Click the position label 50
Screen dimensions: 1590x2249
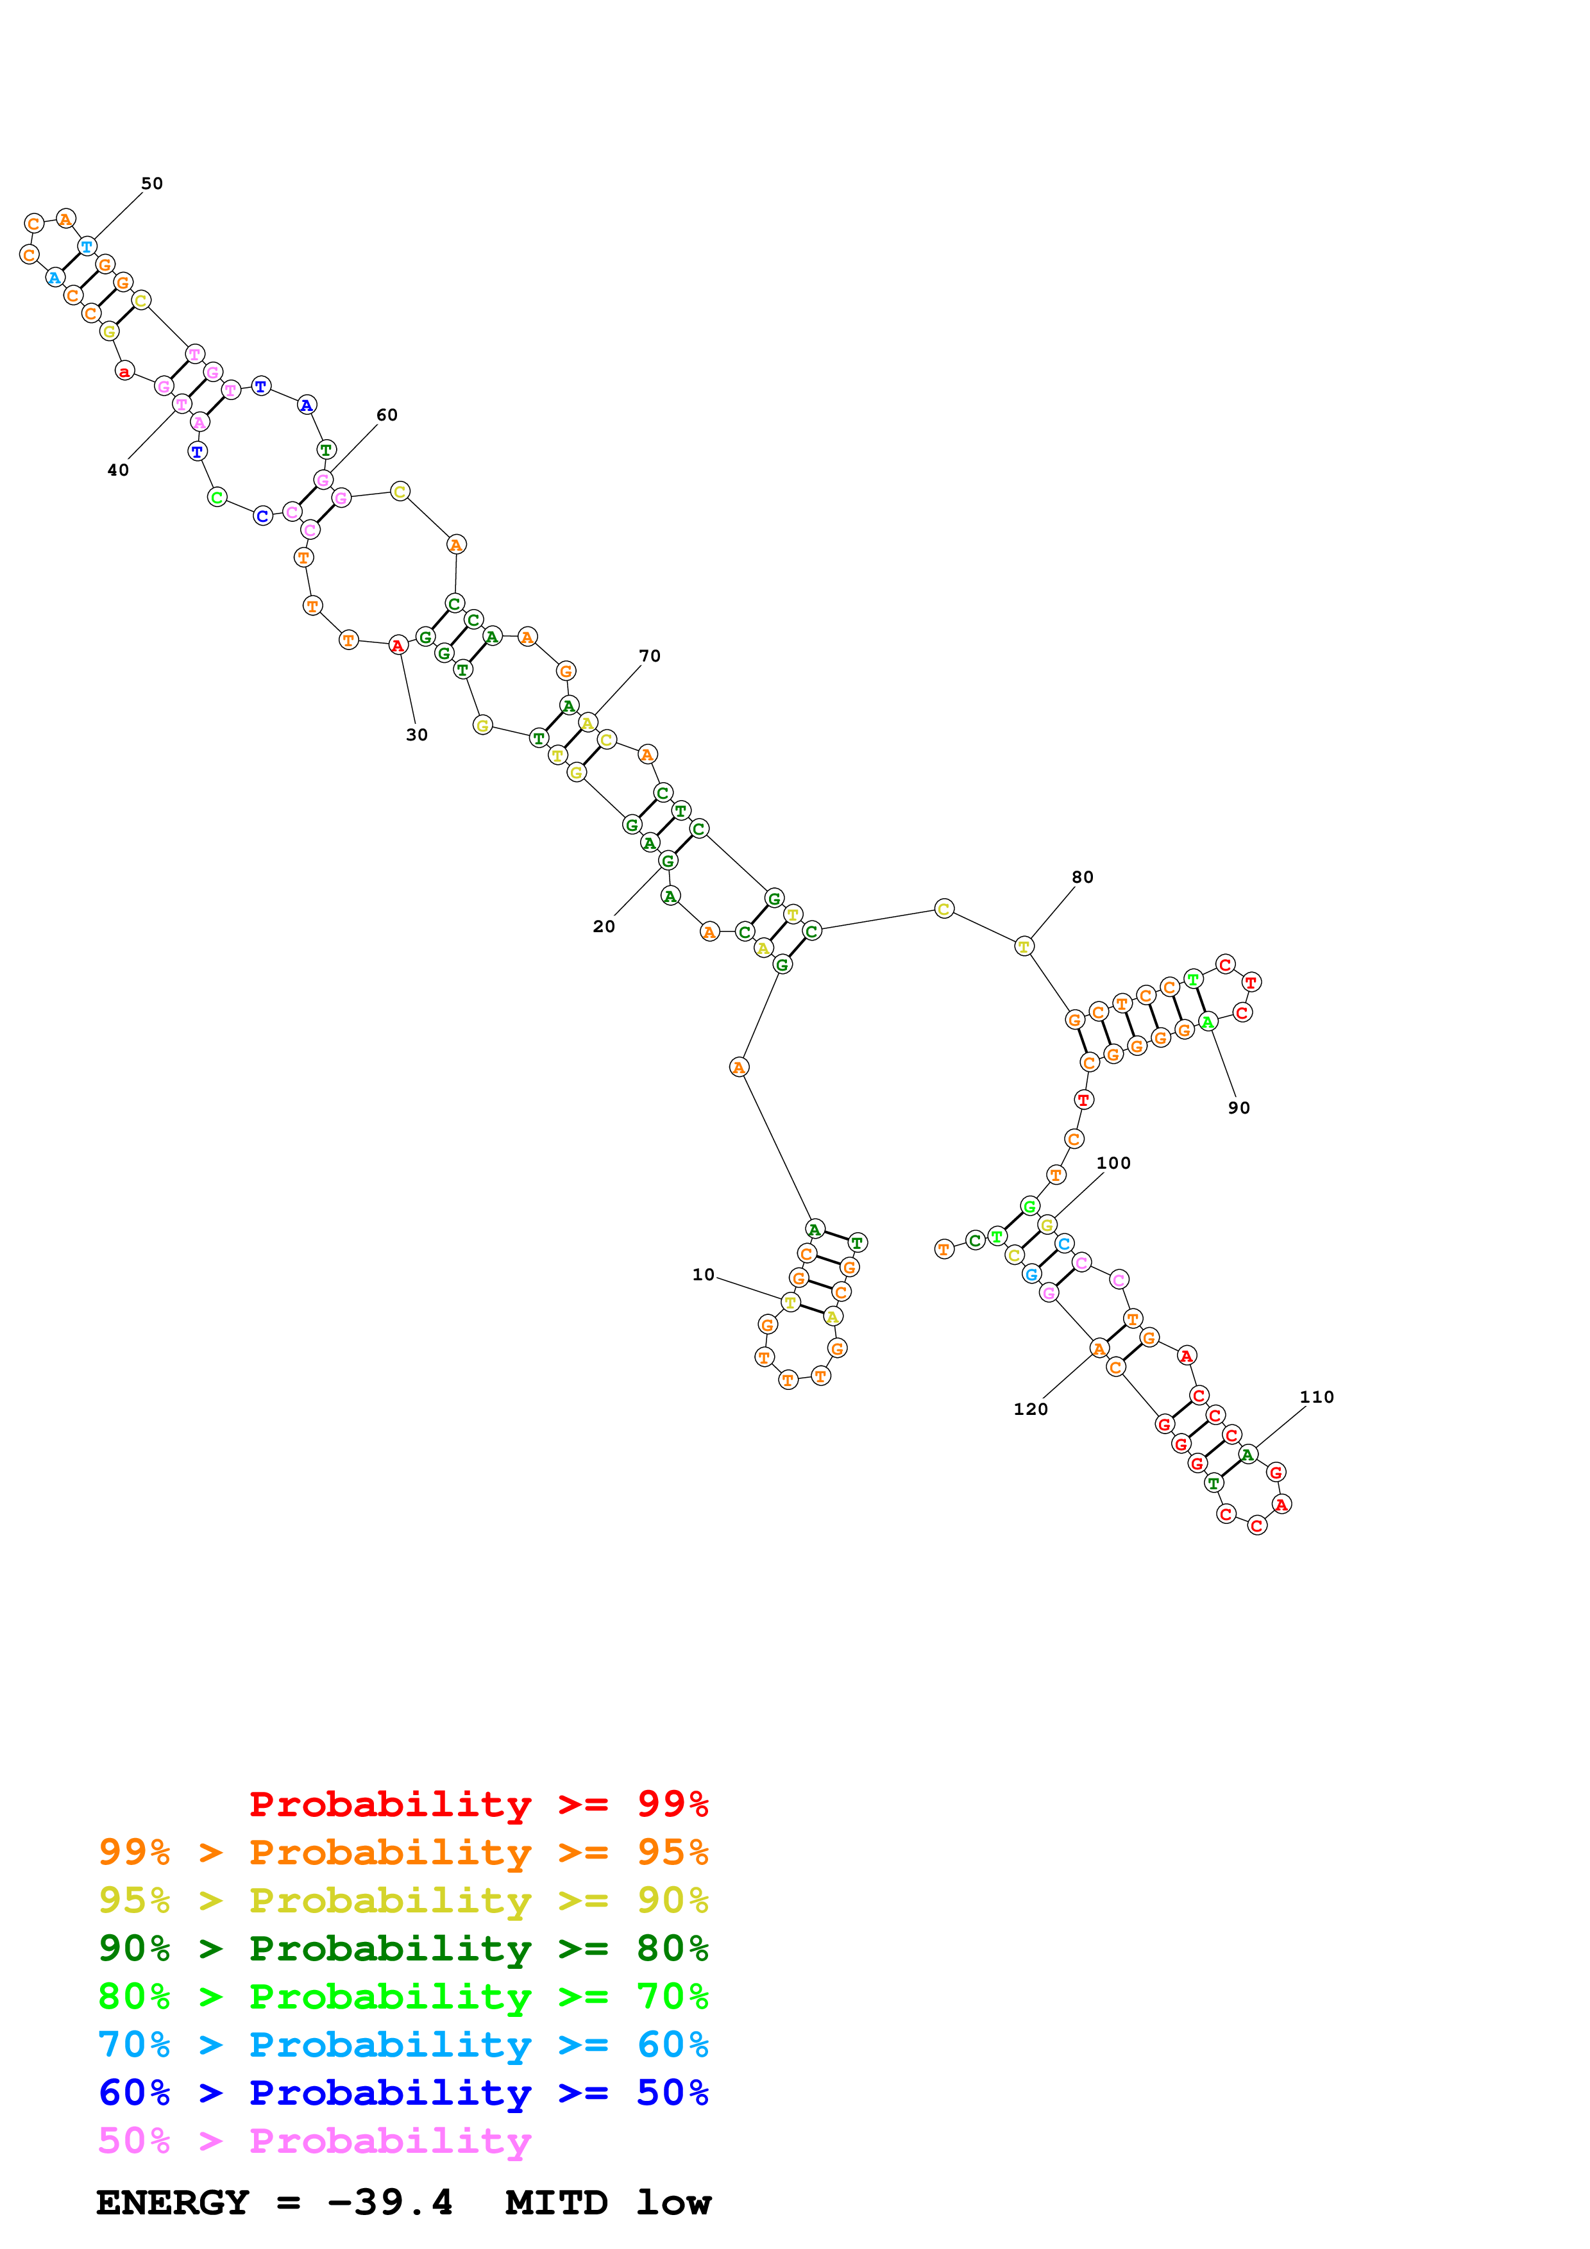(x=152, y=184)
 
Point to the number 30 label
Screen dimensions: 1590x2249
(x=416, y=735)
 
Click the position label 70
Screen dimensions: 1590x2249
(x=650, y=656)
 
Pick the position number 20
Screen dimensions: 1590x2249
(x=604, y=926)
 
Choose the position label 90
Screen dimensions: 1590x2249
(x=1239, y=1108)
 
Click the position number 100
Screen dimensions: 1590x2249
(x=1113, y=1164)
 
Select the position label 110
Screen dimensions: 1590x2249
(x=1317, y=1398)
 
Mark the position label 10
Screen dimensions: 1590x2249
(x=704, y=1275)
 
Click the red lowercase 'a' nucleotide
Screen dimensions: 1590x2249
(x=124, y=371)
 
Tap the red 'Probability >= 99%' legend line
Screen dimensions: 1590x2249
(x=478, y=1804)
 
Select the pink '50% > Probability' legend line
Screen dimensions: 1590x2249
(x=314, y=2141)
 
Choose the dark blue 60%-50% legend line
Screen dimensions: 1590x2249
(x=403, y=2093)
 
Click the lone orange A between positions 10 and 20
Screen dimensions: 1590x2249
(x=739, y=1067)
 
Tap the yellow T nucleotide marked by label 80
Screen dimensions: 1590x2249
(x=1024, y=946)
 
